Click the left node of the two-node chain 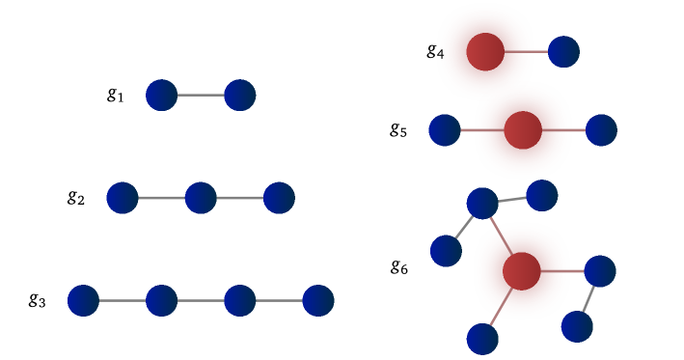[x=161, y=96]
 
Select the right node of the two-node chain [x=239, y=96]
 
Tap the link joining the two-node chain [x=201, y=96]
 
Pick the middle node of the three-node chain [x=201, y=198]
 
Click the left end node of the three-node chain [x=123, y=198]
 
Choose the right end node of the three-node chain [x=279, y=198]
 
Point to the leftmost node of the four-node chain [x=83, y=300]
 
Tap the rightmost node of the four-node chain [x=318, y=300]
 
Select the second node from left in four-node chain [x=161, y=300]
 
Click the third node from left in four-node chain [x=239, y=300]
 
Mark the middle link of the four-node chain [x=201, y=300]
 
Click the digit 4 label [x=441, y=55]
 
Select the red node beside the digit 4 [x=483, y=52]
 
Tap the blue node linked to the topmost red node [x=563, y=52]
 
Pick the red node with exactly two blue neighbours [x=522, y=130]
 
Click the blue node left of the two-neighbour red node [x=445, y=130]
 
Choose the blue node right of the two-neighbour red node [x=601, y=130]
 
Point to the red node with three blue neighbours [x=521, y=271]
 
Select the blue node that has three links [x=482, y=204]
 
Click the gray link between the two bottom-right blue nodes [x=588, y=299]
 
